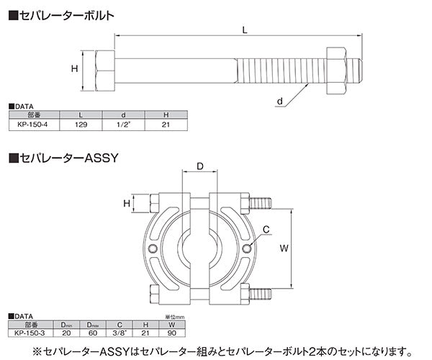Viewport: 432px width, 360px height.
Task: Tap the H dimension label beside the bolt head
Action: tap(73, 68)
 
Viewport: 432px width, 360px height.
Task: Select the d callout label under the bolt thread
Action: tap(279, 102)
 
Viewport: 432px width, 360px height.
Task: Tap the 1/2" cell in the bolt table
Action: tap(124, 124)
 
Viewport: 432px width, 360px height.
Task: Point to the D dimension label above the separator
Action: tap(200, 167)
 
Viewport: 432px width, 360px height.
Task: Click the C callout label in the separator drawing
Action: tap(266, 230)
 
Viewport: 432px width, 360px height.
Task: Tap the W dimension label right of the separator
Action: tap(284, 247)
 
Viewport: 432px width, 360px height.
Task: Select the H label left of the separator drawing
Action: tap(126, 204)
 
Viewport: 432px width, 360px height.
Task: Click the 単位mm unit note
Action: tap(174, 318)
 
